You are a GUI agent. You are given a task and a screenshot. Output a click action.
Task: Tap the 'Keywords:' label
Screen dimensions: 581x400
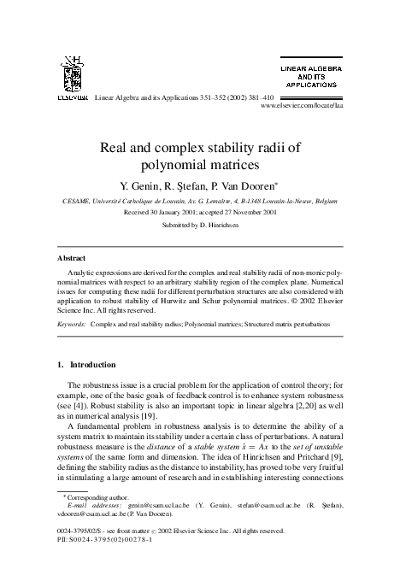72,325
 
